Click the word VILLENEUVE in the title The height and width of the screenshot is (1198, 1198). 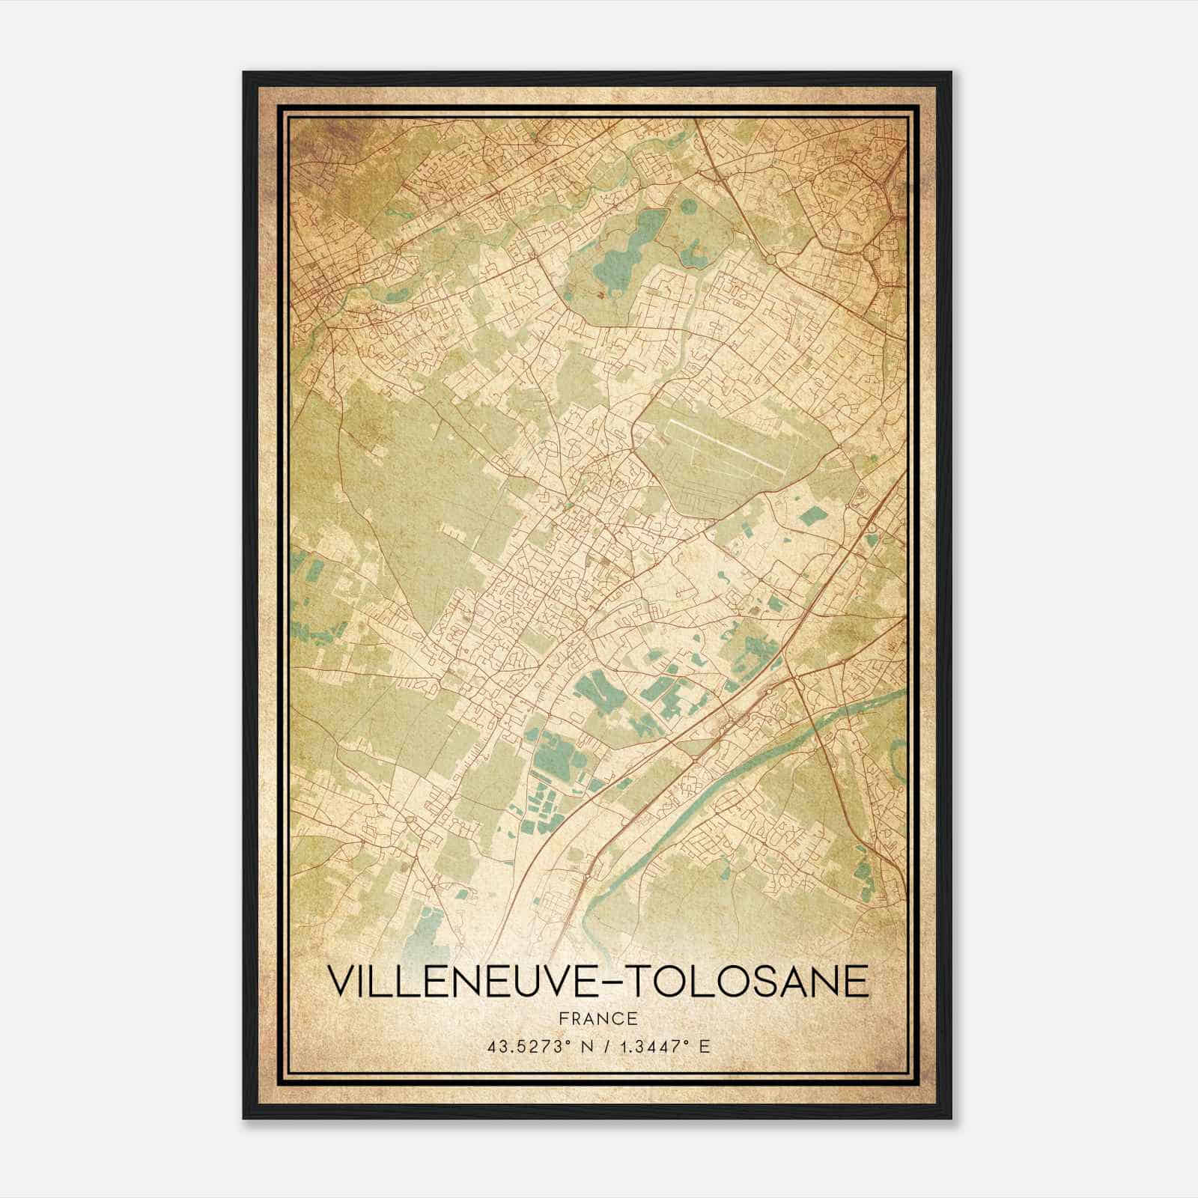coord(465,981)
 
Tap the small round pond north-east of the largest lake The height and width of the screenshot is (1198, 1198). coord(693,257)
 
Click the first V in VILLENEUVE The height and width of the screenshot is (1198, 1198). coord(341,981)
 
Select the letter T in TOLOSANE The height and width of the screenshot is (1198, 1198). coord(637,981)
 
